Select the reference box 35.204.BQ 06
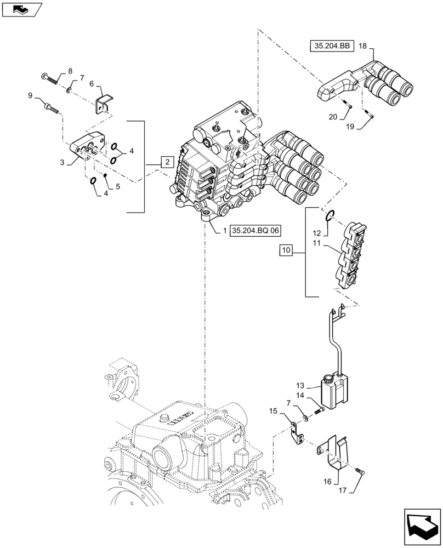[x=256, y=232]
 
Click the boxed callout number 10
[x=286, y=250]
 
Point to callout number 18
[x=363, y=47]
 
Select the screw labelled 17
[x=359, y=471]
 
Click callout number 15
[x=272, y=410]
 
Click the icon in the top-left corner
[x=21, y=9]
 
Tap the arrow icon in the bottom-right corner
[x=422, y=527]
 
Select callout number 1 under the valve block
[x=225, y=232]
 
